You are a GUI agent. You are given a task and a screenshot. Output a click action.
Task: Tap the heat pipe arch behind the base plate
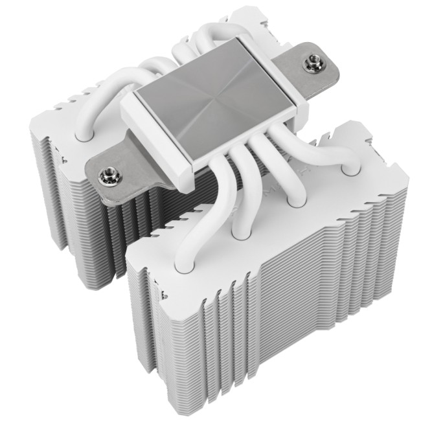point(194,42)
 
